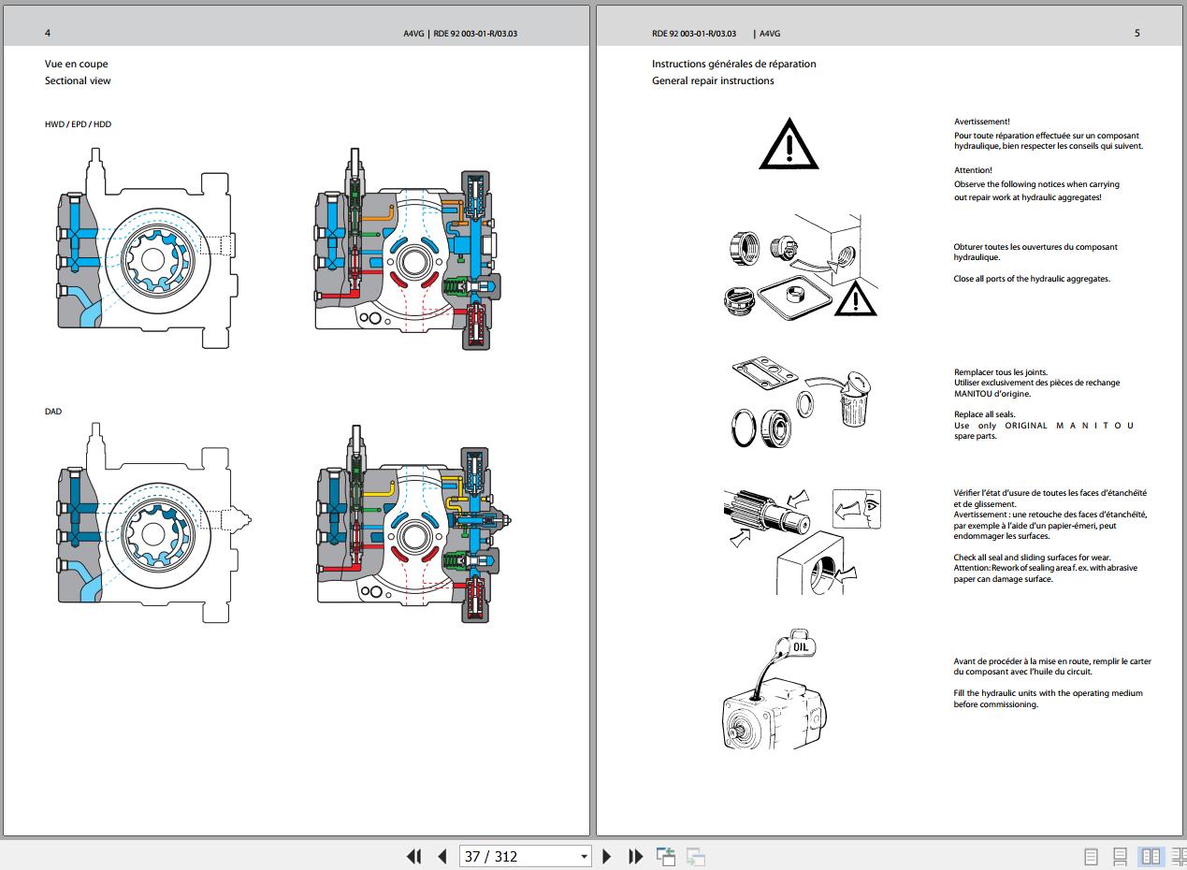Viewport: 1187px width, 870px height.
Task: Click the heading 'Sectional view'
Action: [x=78, y=80]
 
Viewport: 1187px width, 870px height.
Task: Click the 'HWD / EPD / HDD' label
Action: [x=78, y=124]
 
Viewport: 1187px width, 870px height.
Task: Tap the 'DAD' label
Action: [x=53, y=412]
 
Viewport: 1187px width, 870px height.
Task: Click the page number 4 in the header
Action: [x=48, y=33]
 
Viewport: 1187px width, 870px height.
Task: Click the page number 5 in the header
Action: [x=1136, y=33]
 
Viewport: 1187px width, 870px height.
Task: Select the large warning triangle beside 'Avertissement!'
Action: [x=789, y=143]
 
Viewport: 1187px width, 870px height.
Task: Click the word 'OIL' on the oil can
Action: [x=801, y=647]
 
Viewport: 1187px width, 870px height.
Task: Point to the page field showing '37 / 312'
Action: [x=525, y=856]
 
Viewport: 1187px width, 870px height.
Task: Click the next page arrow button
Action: [x=607, y=856]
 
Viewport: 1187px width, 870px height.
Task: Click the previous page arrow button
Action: [x=442, y=856]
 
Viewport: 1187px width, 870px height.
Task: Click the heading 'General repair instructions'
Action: [x=713, y=80]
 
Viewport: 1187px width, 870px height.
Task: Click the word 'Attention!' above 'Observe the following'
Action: [x=973, y=170]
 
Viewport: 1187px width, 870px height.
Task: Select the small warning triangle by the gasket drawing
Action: [x=855, y=298]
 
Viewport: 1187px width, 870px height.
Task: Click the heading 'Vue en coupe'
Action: [x=77, y=64]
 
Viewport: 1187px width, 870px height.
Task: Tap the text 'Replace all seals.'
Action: [x=985, y=414]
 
